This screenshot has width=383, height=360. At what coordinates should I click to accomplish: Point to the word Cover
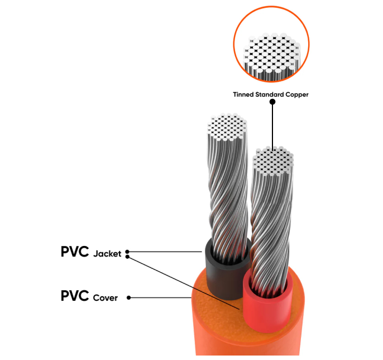coord(105,298)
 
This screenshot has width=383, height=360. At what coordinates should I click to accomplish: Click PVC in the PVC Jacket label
coord(74,252)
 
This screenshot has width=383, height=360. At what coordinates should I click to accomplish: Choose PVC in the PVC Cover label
coord(74,296)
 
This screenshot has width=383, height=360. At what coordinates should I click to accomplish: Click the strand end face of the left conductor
coord(226,127)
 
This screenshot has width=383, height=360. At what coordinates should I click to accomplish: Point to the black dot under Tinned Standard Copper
coord(272,102)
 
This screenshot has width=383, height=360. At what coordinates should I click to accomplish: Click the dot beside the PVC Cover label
coord(129,298)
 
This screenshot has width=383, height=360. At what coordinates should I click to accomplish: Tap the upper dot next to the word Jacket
coord(128,252)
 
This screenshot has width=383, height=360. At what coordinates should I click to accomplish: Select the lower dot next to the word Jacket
coord(128,257)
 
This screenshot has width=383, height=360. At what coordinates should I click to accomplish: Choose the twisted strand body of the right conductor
coord(271,224)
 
